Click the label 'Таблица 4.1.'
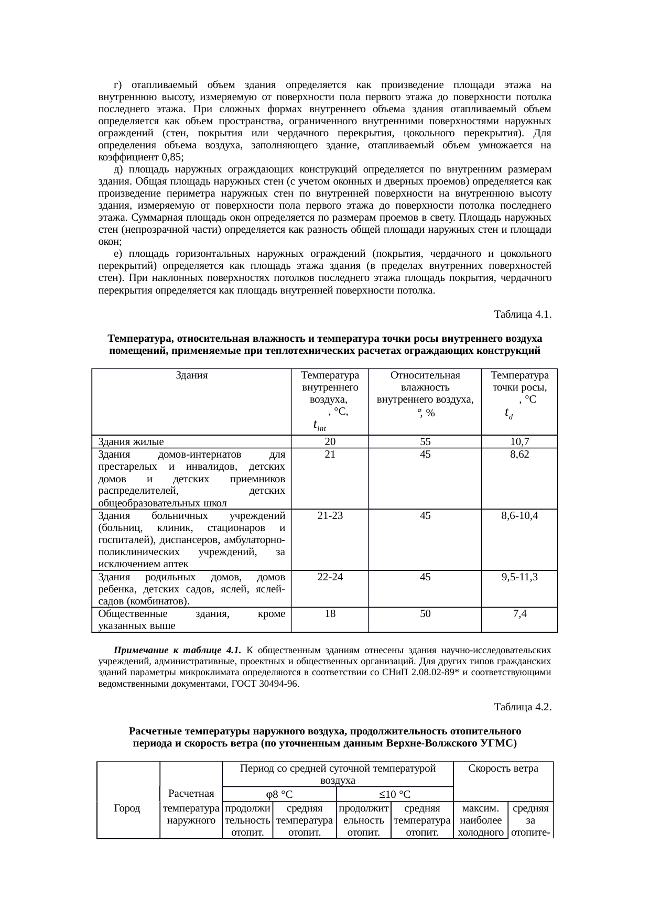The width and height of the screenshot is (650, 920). click(522, 315)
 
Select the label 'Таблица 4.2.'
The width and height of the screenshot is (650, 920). click(522, 707)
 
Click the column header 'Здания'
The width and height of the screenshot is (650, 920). click(192, 375)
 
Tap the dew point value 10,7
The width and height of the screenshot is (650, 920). click(519, 442)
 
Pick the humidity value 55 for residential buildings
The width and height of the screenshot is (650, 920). click(425, 442)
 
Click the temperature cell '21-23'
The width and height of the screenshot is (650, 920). click(330, 516)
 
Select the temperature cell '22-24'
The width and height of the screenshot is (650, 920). click(330, 577)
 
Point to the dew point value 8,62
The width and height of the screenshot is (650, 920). click(519, 454)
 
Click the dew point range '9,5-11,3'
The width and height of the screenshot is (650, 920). click(519, 577)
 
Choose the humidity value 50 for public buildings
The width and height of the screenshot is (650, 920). click(425, 614)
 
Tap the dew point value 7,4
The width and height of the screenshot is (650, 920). click(519, 614)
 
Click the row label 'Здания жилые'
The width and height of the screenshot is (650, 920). click(131, 442)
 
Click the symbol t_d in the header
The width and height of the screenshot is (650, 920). click(508, 413)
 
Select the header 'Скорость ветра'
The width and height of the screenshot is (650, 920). click(503, 769)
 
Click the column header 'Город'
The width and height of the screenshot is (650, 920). click(127, 808)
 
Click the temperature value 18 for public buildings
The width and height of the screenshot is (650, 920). click(330, 614)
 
